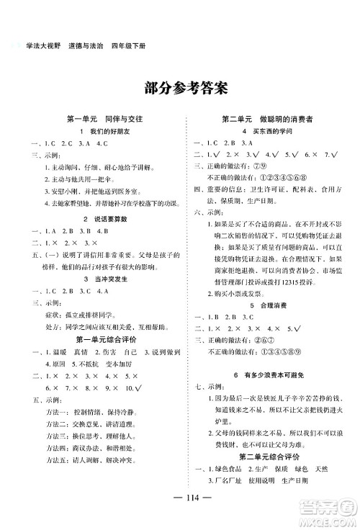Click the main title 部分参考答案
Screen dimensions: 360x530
[179, 89]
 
